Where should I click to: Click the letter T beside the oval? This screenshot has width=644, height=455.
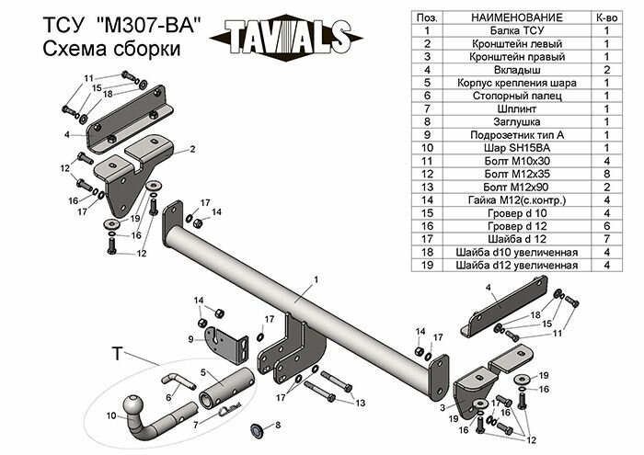tap(117, 353)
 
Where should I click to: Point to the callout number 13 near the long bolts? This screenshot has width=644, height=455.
tap(361, 402)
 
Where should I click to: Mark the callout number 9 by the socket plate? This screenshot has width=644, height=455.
tap(190, 339)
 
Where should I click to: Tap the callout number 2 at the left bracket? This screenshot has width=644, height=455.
tap(192, 148)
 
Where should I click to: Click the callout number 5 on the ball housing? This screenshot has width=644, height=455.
tap(204, 372)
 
